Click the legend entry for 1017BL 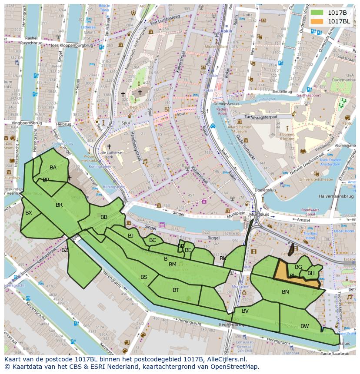tap(338, 21)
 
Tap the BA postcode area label tap(53, 168)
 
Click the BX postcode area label tap(29, 213)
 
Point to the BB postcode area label tap(104, 217)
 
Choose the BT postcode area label tap(176, 290)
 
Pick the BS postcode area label tap(144, 277)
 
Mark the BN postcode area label tap(285, 292)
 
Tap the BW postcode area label tap(304, 326)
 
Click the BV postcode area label tap(245, 311)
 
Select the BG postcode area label tap(298, 267)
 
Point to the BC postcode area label tap(153, 240)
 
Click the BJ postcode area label tap(130, 236)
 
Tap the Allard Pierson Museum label tap(240, 129)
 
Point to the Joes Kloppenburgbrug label tap(72, 45)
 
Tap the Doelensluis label tap(263, 190)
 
